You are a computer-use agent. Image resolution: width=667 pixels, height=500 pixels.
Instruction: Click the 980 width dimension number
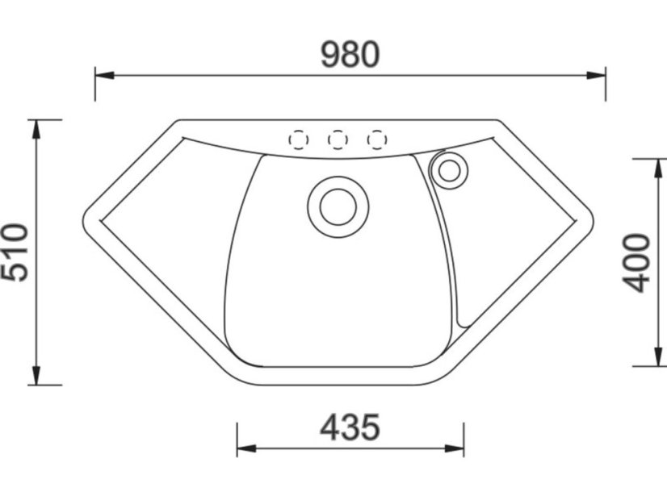pyautogui.click(x=350, y=54)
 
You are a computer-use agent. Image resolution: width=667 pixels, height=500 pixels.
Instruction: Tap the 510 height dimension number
pyautogui.click(x=15, y=252)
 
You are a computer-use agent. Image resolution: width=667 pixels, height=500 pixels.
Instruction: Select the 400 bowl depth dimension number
pyautogui.click(x=636, y=263)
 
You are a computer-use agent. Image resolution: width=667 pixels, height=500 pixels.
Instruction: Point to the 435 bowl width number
pyautogui.click(x=350, y=427)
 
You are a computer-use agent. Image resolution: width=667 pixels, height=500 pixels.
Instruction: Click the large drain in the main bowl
pyautogui.click(x=338, y=207)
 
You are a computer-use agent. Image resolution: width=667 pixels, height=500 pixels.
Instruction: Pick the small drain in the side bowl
pyautogui.click(x=449, y=171)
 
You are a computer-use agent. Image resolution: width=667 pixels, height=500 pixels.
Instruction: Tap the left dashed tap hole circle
pyautogui.click(x=299, y=140)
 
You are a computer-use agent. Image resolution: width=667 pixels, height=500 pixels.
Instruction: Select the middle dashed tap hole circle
pyautogui.click(x=338, y=140)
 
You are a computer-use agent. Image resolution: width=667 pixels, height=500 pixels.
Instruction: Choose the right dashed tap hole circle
pyautogui.click(x=377, y=140)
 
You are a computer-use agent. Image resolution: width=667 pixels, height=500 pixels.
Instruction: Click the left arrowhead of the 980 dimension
pyautogui.click(x=104, y=76)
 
